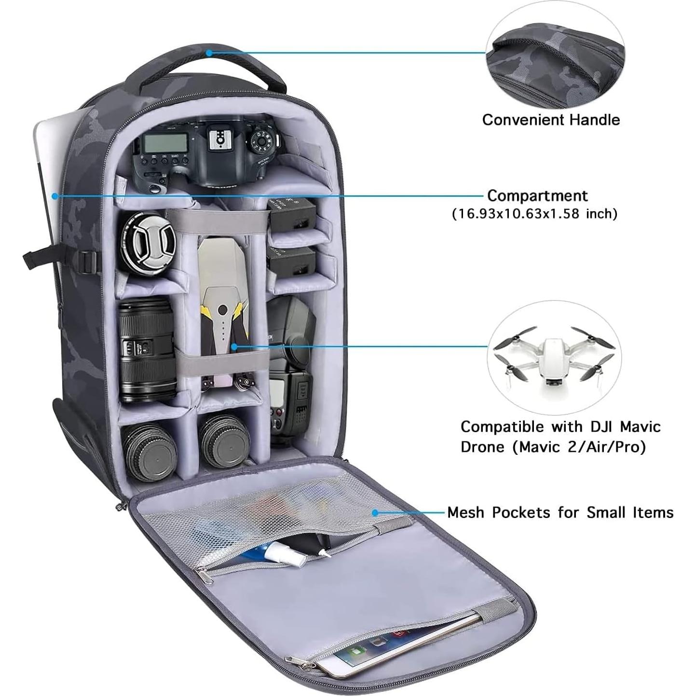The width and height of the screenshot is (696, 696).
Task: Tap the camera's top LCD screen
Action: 165,142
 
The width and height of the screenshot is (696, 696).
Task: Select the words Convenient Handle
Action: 551,120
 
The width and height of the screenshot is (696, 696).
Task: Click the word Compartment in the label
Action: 537,195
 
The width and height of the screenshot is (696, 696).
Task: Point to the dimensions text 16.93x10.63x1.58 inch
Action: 534,213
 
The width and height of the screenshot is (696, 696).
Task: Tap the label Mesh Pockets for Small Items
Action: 560,512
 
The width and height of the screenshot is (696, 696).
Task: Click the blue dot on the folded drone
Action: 234,346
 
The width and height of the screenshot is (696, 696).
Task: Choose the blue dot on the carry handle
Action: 209,53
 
